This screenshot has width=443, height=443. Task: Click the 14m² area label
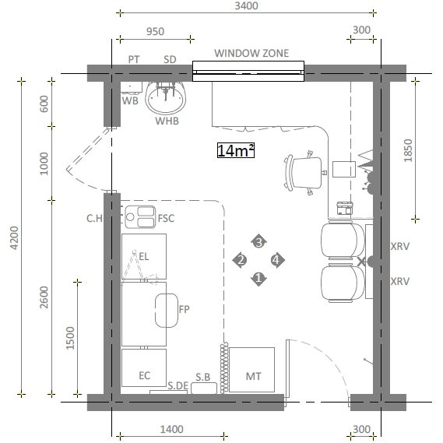236,150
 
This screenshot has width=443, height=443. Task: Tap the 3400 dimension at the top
246,5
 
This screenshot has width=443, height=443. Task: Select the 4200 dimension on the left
14,237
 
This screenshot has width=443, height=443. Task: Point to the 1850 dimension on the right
408,150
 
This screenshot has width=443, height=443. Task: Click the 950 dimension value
155,31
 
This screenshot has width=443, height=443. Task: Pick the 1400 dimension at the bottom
172,430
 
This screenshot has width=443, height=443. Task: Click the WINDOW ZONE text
251,53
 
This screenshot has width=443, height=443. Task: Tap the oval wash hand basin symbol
166,97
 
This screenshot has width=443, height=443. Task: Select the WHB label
167,121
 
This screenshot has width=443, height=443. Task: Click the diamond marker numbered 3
258,242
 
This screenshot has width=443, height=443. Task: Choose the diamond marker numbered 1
258,279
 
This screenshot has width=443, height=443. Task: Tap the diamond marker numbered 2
241,260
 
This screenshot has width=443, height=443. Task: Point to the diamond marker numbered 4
277,260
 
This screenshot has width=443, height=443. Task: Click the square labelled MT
251,370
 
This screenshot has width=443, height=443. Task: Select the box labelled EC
144,367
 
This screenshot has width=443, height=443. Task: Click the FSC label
166,219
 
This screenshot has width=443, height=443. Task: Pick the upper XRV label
399,246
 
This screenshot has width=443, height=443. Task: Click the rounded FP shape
167,311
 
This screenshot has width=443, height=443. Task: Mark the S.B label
203,377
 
